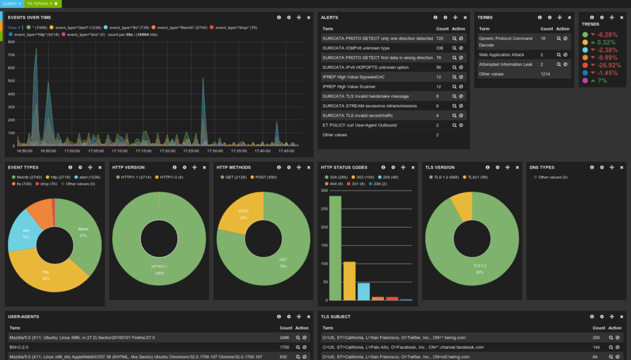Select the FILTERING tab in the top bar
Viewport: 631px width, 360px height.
point(40,4)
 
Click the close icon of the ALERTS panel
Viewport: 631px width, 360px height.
point(465,17)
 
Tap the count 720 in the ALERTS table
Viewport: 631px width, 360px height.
point(439,38)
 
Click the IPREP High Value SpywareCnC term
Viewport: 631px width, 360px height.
point(347,77)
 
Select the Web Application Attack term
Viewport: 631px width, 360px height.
point(502,55)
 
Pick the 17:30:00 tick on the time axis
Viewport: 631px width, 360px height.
point(214,150)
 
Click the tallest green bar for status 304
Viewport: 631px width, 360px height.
point(335,247)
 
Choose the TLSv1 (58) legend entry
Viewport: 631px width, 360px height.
point(478,177)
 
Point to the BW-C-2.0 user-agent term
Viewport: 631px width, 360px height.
point(20,347)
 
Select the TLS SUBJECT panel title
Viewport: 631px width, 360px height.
point(336,317)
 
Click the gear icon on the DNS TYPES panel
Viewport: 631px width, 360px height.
point(602,167)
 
